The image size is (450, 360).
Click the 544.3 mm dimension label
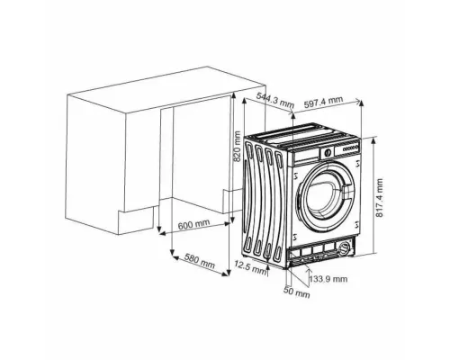275,100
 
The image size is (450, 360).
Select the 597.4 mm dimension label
323,102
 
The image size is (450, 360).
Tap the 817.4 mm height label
380,198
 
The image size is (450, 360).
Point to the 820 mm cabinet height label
237,146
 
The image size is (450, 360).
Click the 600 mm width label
193,224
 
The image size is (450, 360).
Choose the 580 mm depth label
200,261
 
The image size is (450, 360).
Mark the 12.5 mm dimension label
250,267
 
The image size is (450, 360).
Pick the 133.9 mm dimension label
328,279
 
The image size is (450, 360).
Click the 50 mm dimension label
297,292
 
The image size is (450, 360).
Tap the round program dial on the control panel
327,152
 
